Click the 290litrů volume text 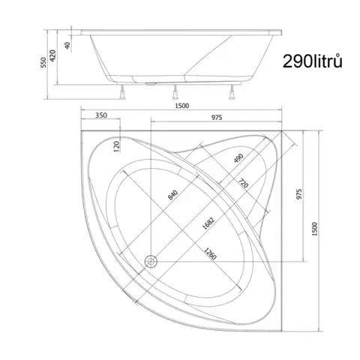312,61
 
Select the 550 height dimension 43,62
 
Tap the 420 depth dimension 52,55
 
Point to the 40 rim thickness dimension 67,45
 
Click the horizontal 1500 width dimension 182,106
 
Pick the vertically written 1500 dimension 315,229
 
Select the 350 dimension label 101,115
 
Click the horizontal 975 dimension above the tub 217,117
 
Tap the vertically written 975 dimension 299,194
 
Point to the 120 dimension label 117,146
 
